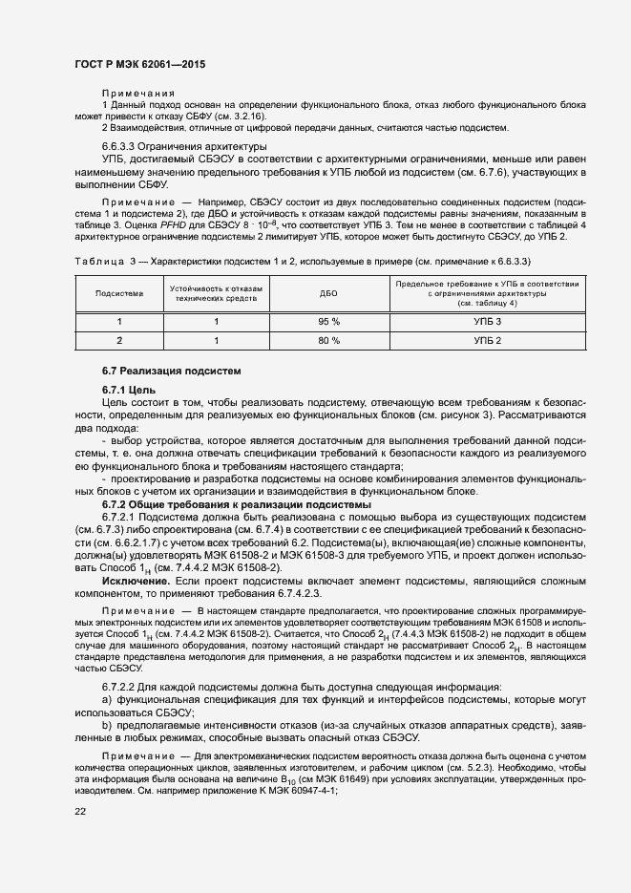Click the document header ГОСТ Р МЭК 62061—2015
pyautogui.click(x=139, y=64)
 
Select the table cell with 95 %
pyautogui.click(x=328, y=322)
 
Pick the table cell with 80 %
pyautogui.click(x=328, y=340)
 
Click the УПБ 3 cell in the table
pyautogui.click(x=487, y=322)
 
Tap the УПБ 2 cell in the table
pyautogui.click(x=487, y=340)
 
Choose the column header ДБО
pyautogui.click(x=328, y=293)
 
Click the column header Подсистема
pyautogui.click(x=119, y=293)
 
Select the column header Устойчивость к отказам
pyautogui.click(x=217, y=287)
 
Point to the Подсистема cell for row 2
pyautogui.click(x=119, y=340)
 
